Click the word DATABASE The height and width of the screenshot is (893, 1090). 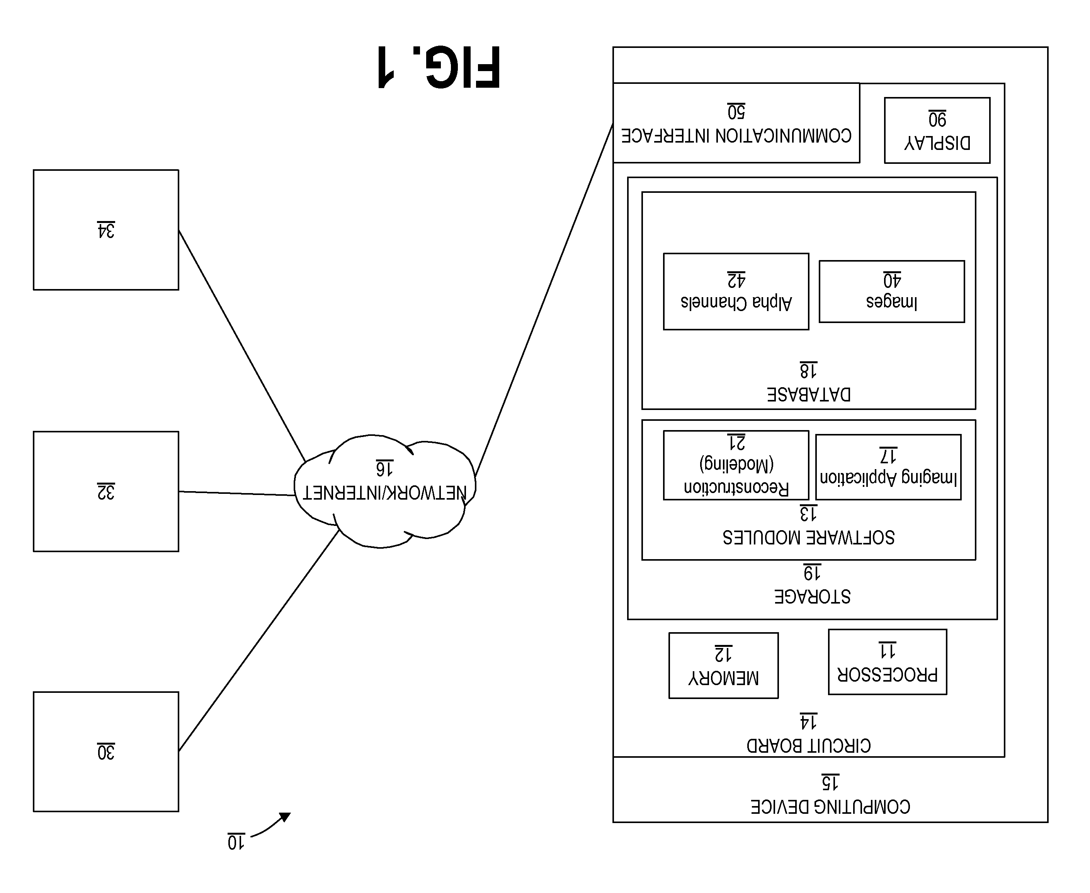[809, 395]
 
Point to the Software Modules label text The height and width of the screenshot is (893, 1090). [809, 538]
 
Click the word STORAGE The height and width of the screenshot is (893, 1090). [812, 597]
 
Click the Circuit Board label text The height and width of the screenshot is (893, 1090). [809, 746]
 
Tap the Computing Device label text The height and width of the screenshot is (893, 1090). [830, 806]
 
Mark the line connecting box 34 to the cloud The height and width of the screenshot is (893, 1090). [242, 346]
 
